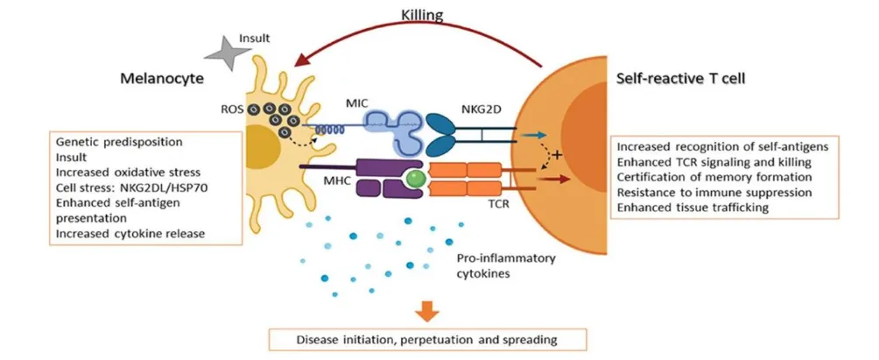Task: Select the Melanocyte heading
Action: tap(162, 79)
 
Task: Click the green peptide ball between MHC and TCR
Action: tap(418, 180)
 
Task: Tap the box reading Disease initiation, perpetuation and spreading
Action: tap(427, 338)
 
